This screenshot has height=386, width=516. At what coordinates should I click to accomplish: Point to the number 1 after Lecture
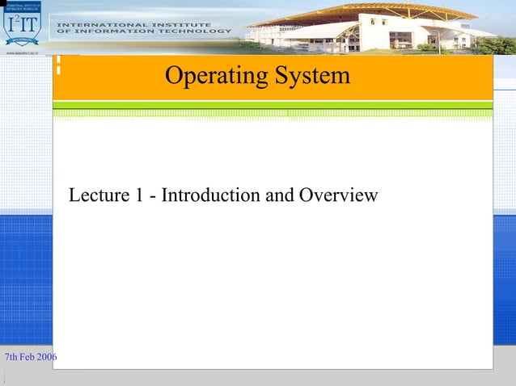pos(134,195)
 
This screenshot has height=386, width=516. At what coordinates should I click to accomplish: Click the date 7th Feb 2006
pos(31,357)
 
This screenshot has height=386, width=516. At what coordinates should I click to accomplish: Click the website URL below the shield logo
pos(23,50)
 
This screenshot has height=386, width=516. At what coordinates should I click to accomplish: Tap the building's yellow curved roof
pos(388,11)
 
